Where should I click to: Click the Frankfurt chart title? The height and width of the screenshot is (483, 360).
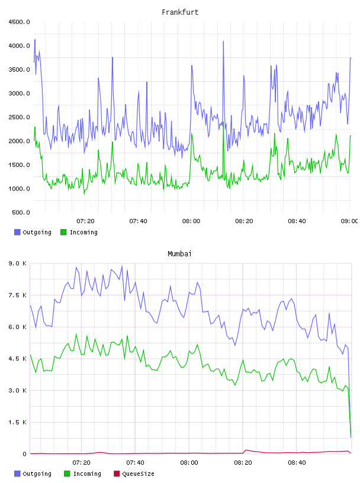pyautogui.click(x=180, y=12)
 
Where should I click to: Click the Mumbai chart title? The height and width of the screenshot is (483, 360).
pyautogui.click(x=179, y=254)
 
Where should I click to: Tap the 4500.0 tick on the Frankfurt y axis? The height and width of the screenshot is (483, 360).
pyautogui.click(x=19, y=22)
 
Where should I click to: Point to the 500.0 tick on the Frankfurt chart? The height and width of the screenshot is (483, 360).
pyautogui.click(x=21, y=212)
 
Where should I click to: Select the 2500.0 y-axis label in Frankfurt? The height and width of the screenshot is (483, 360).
pyautogui.click(x=19, y=117)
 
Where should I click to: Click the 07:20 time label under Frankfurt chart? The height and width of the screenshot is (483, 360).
pyautogui.click(x=85, y=221)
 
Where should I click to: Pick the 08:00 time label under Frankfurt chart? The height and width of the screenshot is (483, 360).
pyautogui.click(x=191, y=221)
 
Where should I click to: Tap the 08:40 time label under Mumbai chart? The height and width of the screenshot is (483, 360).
pyautogui.click(x=297, y=463)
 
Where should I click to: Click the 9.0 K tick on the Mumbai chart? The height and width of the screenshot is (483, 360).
pyautogui.click(x=18, y=263)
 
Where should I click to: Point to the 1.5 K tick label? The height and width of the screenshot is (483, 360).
pyautogui.click(x=18, y=422)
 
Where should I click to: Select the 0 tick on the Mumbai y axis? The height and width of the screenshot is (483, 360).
pyautogui.click(x=24, y=454)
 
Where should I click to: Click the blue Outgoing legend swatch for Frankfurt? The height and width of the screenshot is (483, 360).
pyautogui.click(x=17, y=232)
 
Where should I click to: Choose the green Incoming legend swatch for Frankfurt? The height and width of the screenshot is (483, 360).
pyautogui.click(x=63, y=232)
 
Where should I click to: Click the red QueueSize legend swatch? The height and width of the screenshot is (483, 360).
pyautogui.click(x=117, y=474)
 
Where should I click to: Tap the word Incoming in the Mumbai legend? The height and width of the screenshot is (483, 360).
pyautogui.click(x=87, y=474)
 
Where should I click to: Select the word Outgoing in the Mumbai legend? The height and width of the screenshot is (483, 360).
pyautogui.click(x=37, y=474)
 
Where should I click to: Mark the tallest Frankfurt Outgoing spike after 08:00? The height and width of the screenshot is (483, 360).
pyautogui.click(x=223, y=41)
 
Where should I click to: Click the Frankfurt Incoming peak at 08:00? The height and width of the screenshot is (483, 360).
pyautogui.click(x=191, y=134)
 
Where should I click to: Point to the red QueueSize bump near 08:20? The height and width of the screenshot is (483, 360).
pyautogui.click(x=246, y=450)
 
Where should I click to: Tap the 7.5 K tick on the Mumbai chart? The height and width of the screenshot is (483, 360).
pyautogui.click(x=18, y=295)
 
